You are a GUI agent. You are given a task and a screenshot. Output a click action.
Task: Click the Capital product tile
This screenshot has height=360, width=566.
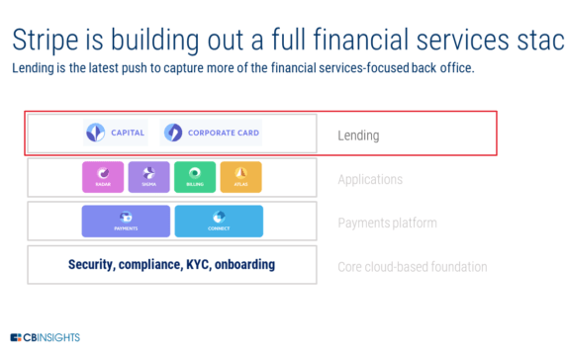coord(116,133)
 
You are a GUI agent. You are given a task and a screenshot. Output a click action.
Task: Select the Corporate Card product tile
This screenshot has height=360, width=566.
coord(212,133)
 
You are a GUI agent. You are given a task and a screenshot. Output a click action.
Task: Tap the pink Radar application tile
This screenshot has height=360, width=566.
coord(102,177)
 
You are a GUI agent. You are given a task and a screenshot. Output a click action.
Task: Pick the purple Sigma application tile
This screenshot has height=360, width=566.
coord(148,177)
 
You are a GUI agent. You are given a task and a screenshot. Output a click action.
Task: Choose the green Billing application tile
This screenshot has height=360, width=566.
coord(194,177)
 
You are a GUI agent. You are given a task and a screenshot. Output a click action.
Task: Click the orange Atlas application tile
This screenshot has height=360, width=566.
coord(240,177)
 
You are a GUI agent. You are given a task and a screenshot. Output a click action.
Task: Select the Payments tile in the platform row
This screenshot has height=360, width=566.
coord(126,221)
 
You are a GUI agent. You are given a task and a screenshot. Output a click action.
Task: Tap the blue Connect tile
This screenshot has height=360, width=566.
coord(219,221)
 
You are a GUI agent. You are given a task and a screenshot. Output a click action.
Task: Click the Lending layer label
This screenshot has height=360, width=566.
coord(358,135)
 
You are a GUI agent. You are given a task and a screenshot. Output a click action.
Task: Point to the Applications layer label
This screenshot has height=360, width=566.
coord(370,180)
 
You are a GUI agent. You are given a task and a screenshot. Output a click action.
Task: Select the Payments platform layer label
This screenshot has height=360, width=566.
coord(387,224)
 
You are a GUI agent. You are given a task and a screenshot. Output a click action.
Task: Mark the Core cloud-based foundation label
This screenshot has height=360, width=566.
coord(412,267)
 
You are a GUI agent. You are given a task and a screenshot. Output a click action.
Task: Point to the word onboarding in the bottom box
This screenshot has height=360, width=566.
coord(249,265)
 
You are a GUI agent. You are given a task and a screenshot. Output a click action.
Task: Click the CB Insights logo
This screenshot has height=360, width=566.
coord(46,337)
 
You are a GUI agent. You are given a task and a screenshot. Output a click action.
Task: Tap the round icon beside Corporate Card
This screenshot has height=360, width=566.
coord(173,133)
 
